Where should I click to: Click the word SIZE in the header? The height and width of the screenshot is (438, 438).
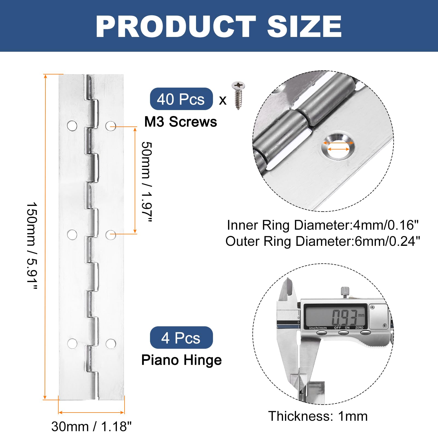(304, 27)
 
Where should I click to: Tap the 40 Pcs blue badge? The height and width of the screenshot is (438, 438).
(181, 99)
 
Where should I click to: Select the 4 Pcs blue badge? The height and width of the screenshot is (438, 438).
(181, 338)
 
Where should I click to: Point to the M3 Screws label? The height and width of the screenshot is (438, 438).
(181, 122)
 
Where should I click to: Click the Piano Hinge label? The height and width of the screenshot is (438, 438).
(181, 360)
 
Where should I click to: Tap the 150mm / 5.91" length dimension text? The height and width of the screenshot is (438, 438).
(32, 246)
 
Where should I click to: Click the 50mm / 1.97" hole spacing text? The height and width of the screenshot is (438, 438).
(147, 182)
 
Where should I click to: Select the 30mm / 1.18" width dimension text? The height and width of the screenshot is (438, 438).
(91, 426)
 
